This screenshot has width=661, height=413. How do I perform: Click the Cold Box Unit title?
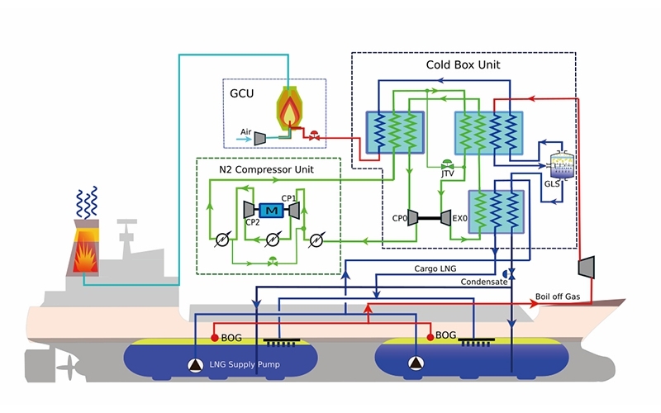[x=463, y=64]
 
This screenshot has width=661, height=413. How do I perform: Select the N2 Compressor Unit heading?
[x=266, y=169]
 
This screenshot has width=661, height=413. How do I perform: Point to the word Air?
[x=245, y=131]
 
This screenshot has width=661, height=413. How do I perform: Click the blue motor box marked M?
[x=271, y=211]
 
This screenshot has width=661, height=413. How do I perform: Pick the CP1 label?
[x=288, y=198]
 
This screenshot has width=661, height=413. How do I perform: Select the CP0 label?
[x=402, y=218]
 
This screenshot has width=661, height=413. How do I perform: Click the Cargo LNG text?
[x=437, y=269]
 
